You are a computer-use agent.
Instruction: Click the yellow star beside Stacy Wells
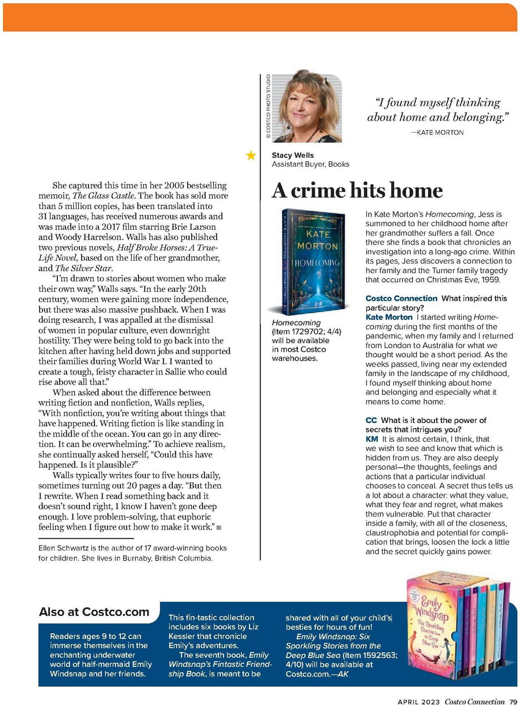[251, 155]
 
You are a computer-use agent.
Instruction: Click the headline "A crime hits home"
[357, 191]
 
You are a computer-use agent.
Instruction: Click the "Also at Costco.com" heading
[94, 612]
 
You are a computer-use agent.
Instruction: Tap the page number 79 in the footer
[514, 701]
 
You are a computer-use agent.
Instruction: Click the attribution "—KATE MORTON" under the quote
[437, 132]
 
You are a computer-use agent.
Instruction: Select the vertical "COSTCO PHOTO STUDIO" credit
[268, 107]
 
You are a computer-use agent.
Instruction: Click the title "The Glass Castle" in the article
[99, 196]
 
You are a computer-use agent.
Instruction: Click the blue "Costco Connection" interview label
[401, 298]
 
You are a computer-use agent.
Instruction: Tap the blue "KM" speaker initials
[372, 439]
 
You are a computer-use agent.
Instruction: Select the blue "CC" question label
[371, 420]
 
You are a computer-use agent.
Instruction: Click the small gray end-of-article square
[219, 527]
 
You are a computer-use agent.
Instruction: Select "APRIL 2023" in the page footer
[419, 701]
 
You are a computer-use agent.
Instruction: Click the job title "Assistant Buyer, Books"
[310, 164]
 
